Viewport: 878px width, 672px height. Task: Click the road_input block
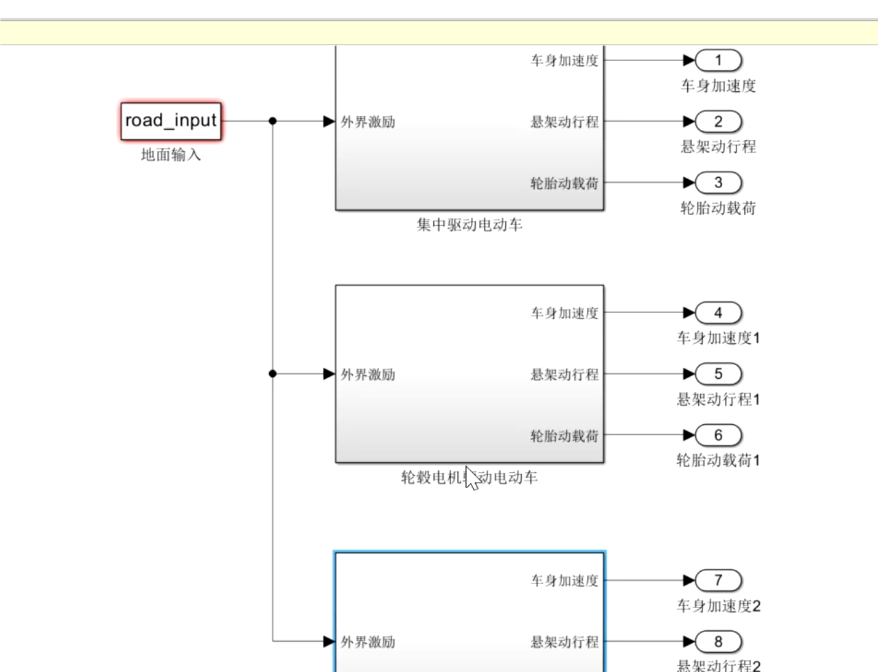(171, 121)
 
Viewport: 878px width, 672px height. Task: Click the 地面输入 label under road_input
(171, 155)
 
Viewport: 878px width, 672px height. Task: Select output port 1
(719, 60)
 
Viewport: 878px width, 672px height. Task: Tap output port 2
(719, 121)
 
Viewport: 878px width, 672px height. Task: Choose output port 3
(719, 183)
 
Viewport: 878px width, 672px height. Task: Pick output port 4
(719, 313)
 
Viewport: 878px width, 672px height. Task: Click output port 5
(719, 374)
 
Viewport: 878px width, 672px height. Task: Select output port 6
(719, 435)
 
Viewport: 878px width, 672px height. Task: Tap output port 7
(719, 581)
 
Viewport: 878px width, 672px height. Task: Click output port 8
(719, 642)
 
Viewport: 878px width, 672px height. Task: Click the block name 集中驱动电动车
(470, 225)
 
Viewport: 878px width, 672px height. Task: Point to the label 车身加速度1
(718, 338)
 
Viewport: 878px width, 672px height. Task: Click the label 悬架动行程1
(718, 399)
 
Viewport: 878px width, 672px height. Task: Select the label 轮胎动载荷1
(718, 461)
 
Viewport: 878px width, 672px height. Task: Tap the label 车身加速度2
(718, 606)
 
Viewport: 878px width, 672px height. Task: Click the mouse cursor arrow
(471, 477)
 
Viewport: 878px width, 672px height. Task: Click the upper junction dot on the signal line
(273, 121)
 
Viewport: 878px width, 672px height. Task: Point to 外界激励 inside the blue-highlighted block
(368, 642)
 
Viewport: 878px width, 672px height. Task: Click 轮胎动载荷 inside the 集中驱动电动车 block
(564, 183)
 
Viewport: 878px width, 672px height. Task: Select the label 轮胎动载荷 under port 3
(718, 209)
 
